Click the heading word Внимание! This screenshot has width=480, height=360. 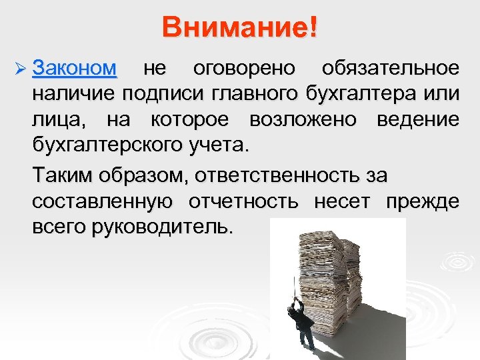click(x=240, y=28)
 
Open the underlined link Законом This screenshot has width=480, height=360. click(x=75, y=69)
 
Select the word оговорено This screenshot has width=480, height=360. click(x=247, y=69)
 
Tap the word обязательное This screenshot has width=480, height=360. click(x=390, y=69)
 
